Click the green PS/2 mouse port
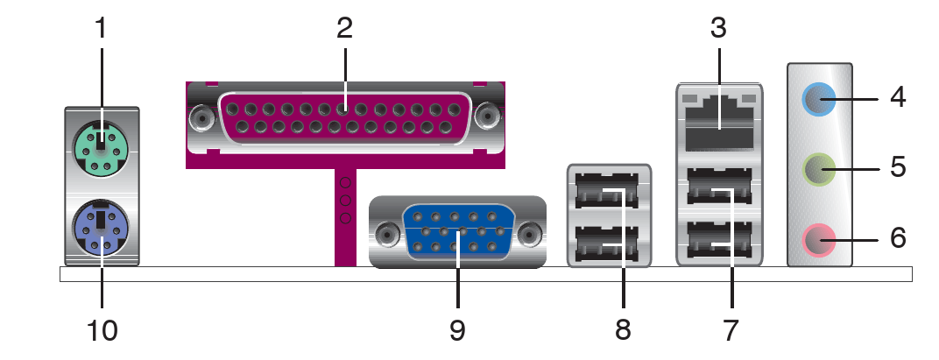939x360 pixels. [x=99, y=147]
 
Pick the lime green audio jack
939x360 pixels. [x=819, y=169]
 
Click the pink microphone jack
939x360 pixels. [x=819, y=240]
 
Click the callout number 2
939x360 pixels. [x=344, y=28]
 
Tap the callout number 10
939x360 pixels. [x=102, y=330]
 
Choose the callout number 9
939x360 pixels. [x=457, y=330]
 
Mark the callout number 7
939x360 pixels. [x=731, y=330]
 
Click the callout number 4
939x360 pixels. [x=897, y=97]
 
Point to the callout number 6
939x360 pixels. [x=898, y=238]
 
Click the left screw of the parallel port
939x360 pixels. [x=202, y=118]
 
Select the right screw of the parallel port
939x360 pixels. [x=488, y=115]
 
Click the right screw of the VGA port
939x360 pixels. [x=530, y=234]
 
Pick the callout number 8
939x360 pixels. [x=623, y=330]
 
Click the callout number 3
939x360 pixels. [x=718, y=28]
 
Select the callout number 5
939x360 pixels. [x=898, y=167]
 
